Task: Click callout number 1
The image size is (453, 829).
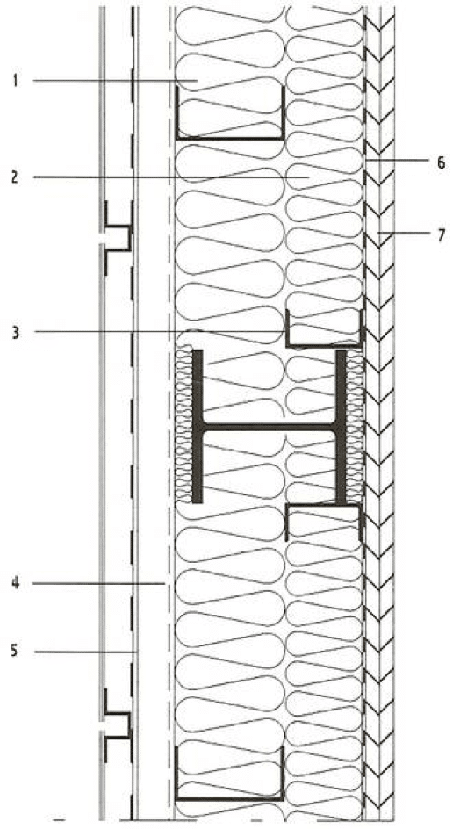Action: pyautogui.click(x=16, y=82)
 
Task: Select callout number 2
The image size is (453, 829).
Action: pyautogui.click(x=15, y=177)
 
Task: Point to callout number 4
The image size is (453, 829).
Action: pyautogui.click(x=16, y=583)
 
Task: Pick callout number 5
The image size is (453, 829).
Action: pyautogui.click(x=15, y=651)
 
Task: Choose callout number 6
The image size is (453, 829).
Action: pyautogui.click(x=441, y=162)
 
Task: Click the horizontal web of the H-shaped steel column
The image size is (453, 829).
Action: pyautogui.click(x=270, y=427)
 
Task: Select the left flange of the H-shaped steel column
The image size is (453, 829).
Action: pyautogui.click(x=198, y=426)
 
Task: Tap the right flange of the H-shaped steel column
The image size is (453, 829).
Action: pyautogui.click(x=342, y=426)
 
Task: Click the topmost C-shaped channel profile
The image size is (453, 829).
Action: pyautogui.click(x=230, y=138)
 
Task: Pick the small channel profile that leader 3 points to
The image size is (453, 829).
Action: pyautogui.click(x=323, y=345)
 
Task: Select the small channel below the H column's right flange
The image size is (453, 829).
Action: pyautogui.click(x=323, y=506)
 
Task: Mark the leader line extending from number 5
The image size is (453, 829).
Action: pyautogui.click(x=86, y=652)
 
